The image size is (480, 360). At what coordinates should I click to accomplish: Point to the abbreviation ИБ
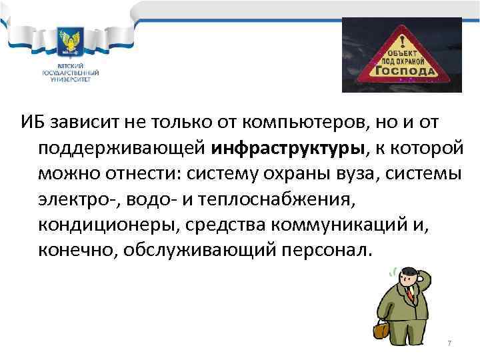tap(33, 121)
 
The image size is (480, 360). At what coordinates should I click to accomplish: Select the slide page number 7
tap(449, 343)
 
